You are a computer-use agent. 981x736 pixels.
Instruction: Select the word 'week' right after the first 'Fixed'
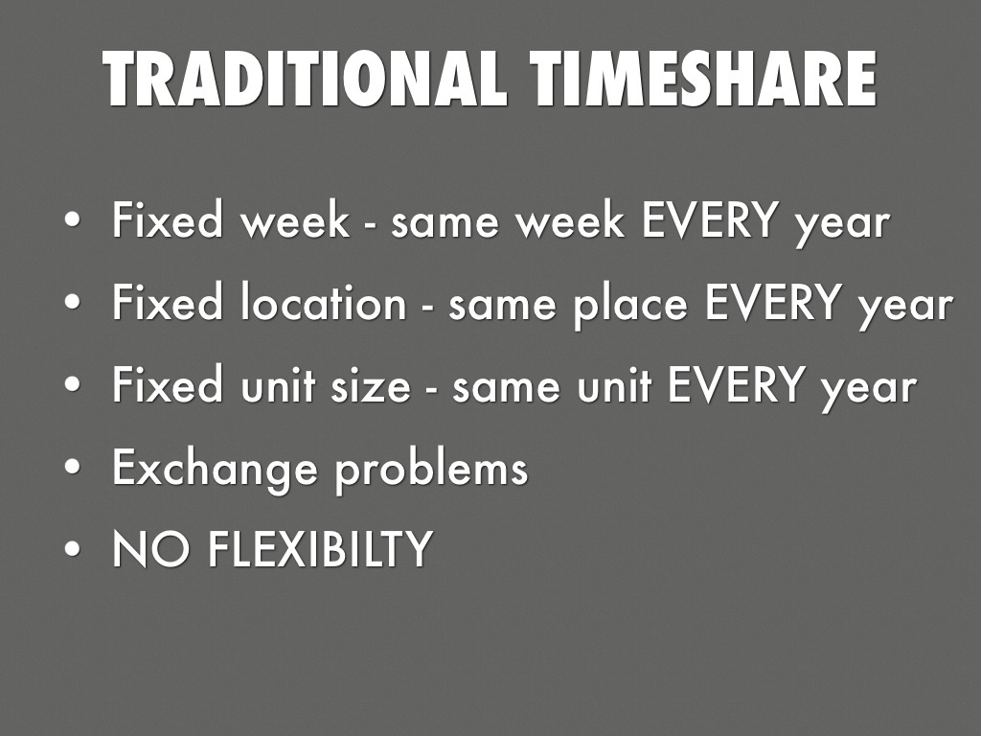pyautogui.click(x=294, y=222)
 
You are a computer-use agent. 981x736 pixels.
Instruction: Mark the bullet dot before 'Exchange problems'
pyautogui.click(x=74, y=470)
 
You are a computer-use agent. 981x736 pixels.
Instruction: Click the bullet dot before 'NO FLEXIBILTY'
pyautogui.click(x=74, y=551)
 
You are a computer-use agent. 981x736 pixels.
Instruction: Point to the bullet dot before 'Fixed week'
pyautogui.click(x=74, y=223)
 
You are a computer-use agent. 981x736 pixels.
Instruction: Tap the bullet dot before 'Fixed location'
pyautogui.click(x=74, y=306)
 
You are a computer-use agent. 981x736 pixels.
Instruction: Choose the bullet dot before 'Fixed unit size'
pyautogui.click(x=74, y=387)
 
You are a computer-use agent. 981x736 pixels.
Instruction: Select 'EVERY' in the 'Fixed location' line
pyautogui.click(x=771, y=305)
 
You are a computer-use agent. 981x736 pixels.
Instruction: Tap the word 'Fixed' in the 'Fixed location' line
pyautogui.click(x=165, y=305)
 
